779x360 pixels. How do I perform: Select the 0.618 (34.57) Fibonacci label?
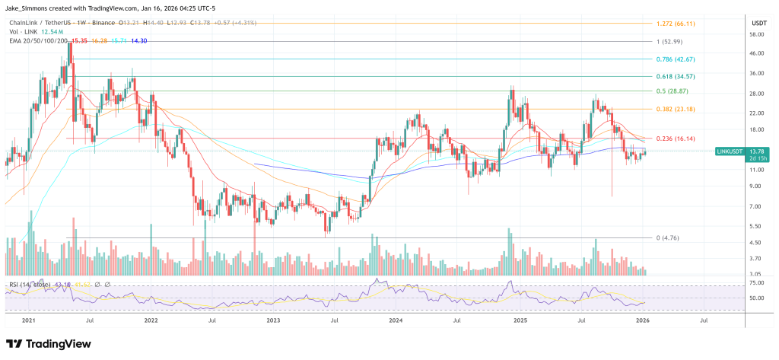[677, 77]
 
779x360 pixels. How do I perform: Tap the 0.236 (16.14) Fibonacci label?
[677, 139]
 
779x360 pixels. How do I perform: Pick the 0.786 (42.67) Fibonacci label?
[677, 59]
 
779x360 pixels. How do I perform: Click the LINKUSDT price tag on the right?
[731, 153]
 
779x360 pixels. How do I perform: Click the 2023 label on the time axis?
[273, 321]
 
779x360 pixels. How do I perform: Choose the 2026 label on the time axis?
[641, 321]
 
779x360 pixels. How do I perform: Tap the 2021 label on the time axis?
[30, 321]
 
